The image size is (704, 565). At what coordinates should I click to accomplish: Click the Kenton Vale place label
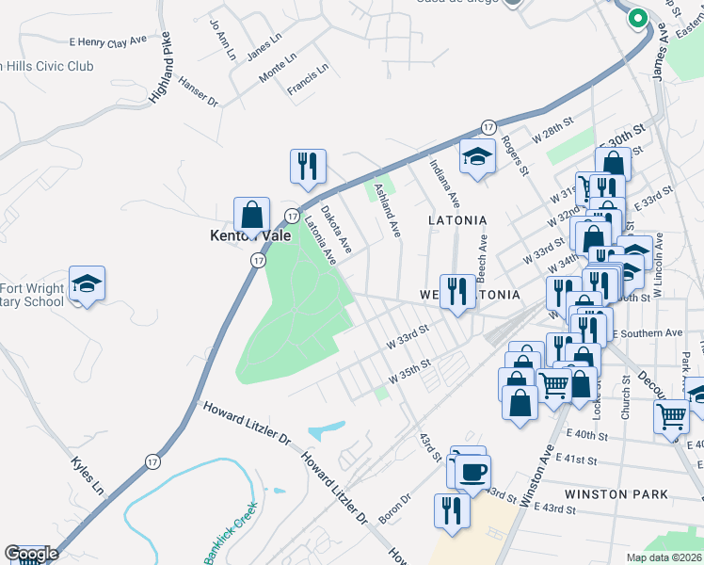(249, 236)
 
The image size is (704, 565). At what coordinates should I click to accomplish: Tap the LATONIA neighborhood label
(457, 220)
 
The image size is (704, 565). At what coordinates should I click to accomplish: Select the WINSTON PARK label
(616, 493)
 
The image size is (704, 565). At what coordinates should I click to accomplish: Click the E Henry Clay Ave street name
(108, 41)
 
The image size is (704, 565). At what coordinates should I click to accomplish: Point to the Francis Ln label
(308, 80)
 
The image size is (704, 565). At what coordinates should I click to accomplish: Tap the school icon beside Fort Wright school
(87, 283)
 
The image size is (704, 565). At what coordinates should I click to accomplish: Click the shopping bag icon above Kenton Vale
(252, 213)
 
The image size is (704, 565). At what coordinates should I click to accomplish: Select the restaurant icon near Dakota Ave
(308, 167)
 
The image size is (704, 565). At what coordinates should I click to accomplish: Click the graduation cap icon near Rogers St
(477, 155)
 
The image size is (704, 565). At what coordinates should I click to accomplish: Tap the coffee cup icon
(472, 471)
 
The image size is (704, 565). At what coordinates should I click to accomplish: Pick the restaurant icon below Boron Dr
(452, 509)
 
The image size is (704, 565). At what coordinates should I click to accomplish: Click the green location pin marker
(637, 17)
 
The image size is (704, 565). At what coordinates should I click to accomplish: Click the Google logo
(31, 554)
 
